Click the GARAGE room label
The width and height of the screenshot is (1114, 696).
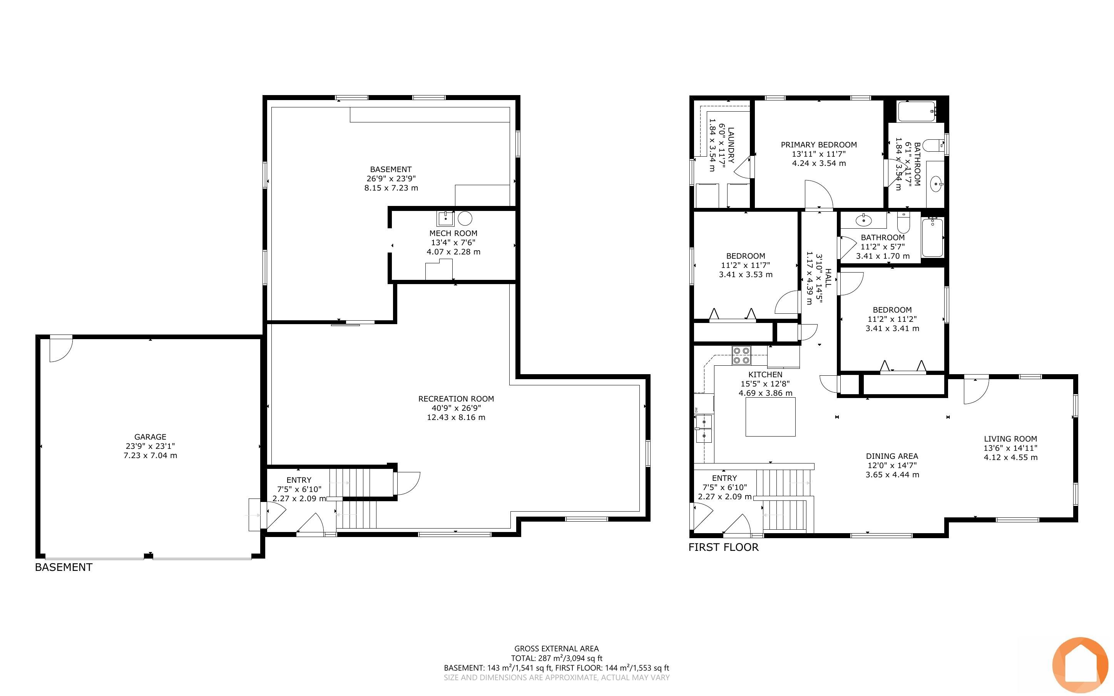pos(150,437)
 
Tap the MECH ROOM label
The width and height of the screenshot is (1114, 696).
pos(453,233)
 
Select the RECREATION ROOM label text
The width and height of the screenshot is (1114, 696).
pos(456,399)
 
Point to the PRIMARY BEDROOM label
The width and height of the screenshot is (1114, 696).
pos(819,144)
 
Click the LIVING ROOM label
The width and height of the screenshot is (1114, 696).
pos(1010,439)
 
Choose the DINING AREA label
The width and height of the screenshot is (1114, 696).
pos(892,456)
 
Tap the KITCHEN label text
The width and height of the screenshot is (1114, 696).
pos(765,375)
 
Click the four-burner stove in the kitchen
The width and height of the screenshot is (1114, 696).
pos(741,356)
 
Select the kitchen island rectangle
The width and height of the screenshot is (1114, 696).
pos(770,417)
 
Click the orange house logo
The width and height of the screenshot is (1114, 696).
pos(1080,665)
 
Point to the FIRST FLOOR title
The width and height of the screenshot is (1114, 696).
pos(723,547)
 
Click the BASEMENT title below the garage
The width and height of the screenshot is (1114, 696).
pos(64,567)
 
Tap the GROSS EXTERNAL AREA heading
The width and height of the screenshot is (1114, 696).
pos(556,649)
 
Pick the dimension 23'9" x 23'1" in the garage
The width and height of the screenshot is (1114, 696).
pos(150,446)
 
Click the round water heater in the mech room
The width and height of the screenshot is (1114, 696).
pos(465,218)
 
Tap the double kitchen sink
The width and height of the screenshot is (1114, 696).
pos(704,428)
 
